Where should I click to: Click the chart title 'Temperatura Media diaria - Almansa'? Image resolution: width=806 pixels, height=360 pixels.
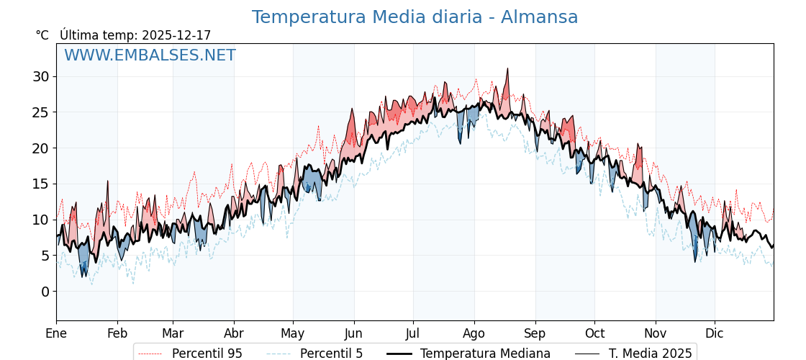415,17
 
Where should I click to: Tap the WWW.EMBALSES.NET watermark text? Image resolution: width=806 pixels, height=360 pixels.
150,55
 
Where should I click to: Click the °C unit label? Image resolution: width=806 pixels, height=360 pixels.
42,35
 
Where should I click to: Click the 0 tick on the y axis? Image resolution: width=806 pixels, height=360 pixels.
45,292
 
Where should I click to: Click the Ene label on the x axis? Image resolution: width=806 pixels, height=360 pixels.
56,334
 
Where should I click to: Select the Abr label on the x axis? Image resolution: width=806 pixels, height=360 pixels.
234,334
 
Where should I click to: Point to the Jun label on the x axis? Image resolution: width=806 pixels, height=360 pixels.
354,334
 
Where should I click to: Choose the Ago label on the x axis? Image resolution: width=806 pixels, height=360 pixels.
474,334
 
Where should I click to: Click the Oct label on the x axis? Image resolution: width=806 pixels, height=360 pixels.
594,334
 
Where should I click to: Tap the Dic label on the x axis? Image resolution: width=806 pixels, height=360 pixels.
715,334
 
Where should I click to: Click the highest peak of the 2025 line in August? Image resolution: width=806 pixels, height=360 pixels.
507,69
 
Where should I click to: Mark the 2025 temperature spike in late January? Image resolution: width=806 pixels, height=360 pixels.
108,181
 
